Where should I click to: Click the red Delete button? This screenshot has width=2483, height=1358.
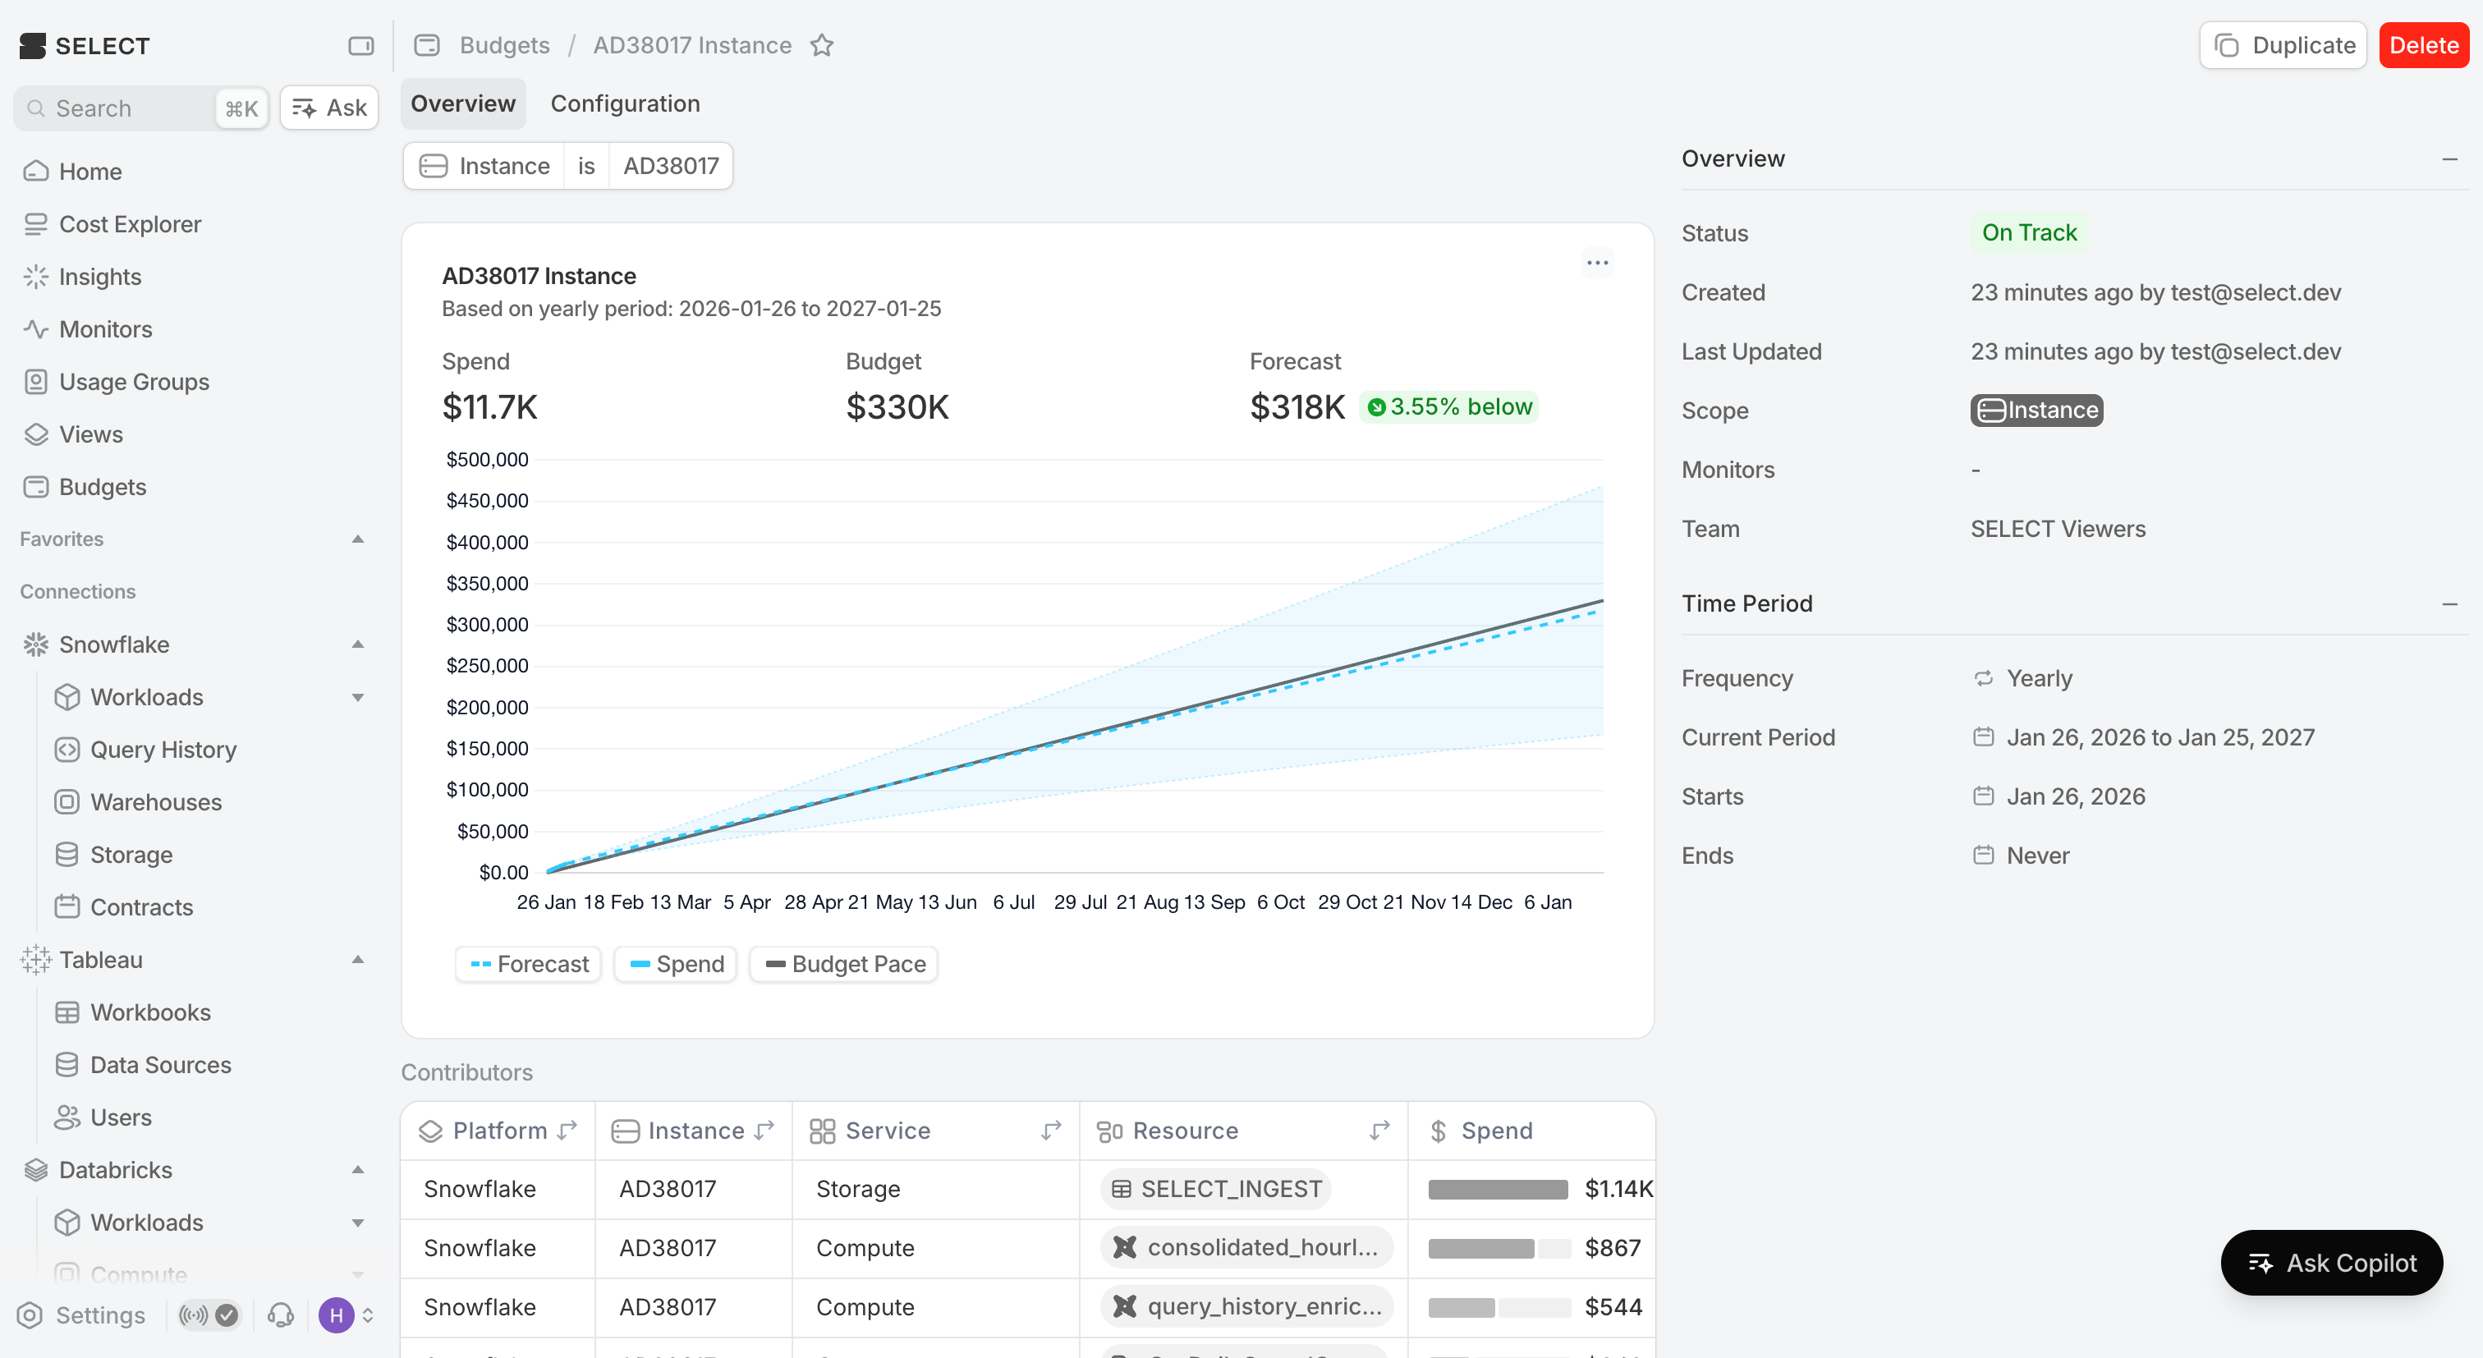tap(2422, 45)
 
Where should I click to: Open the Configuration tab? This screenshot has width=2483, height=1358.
tap(625, 104)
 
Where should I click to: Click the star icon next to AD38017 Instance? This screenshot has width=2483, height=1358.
tap(821, 45)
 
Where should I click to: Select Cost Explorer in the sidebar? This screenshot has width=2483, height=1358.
tap(130, 225)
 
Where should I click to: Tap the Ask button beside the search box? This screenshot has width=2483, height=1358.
tap(329, 108)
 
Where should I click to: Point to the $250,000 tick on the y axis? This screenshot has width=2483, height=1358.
tap(487, 666)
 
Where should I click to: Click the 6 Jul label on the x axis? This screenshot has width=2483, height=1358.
tap(1013, 902)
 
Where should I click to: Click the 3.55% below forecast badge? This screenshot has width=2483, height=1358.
tap(1448, 406)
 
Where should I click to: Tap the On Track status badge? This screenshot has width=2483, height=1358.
tap(2028, 233)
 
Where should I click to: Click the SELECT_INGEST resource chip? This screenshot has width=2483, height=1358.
tap(1215, 1190)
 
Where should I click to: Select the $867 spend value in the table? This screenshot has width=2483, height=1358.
tap(1612, 1248)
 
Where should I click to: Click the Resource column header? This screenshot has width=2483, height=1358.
tap(1185, 1131)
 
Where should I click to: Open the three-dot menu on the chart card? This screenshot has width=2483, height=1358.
tap(1597, 263)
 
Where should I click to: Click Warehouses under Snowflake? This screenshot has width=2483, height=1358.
tap(155, 802)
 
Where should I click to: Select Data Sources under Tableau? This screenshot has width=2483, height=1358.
tap(160, 1065)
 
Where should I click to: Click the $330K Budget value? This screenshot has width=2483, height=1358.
tap(897, 406)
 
